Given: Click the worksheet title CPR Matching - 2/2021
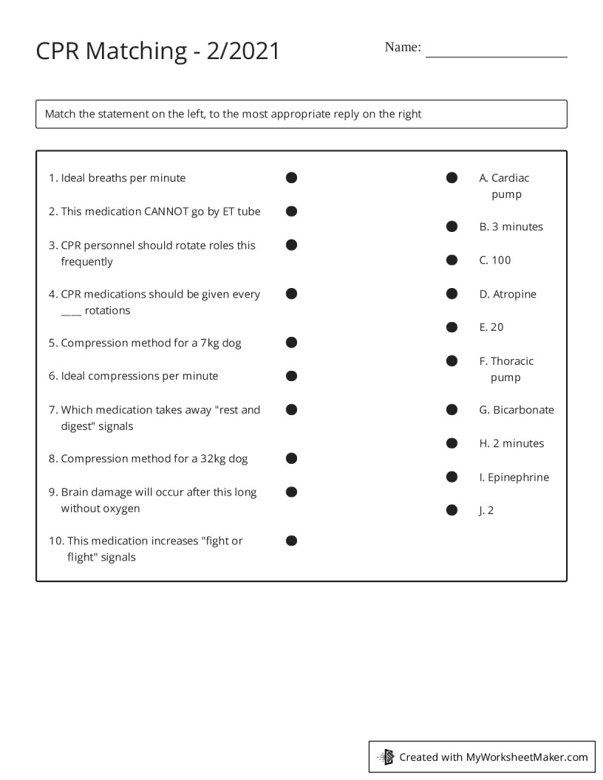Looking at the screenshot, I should click(158, 51).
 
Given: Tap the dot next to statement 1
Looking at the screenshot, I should click(292, 177).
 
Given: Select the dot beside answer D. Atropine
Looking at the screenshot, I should click(452, 294).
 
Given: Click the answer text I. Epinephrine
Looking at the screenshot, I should click(514, 477).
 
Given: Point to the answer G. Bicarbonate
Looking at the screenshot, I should click(516, 410).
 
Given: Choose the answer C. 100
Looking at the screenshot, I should click(495, 260).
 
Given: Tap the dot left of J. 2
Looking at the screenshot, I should click(452, 510).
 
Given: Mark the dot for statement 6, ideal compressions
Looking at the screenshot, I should click(292, 376).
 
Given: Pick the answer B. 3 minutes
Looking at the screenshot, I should click(511, 227).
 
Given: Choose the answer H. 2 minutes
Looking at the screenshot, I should click(511, 443).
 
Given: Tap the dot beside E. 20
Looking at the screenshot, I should click(452, 326).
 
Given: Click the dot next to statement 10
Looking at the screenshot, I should click(292, 541).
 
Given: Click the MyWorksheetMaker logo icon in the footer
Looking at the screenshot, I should click(386, 756).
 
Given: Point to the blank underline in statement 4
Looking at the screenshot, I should click(71, 312).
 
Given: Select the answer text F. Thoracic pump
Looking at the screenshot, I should click(506, 369).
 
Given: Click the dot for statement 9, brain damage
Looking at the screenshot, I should click(292, 492).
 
